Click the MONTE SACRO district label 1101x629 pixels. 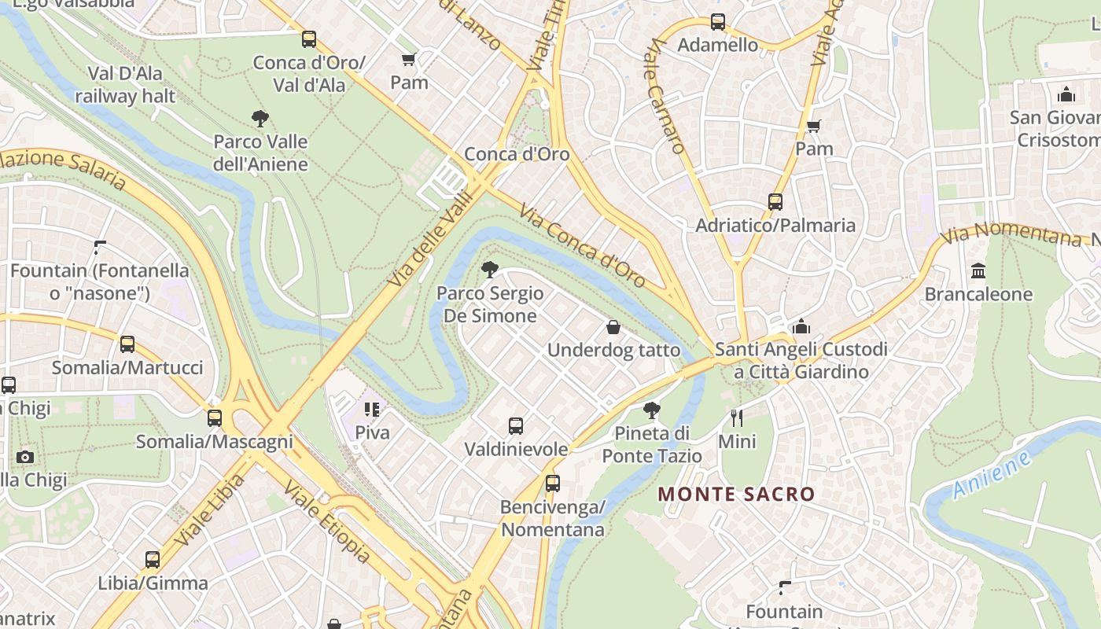pyautogui.click(x=736, y=495)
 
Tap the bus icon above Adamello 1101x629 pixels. pyautogui.click(x=718, y=22)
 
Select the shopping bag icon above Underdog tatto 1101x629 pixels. pyautogui.click(x=613, y=327)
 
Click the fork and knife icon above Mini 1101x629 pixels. pyautogui.click(x=737, y=418)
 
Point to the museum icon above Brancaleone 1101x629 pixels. pyautogui.click(x=978, y=271)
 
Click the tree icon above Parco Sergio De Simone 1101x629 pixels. pyautogui.click(x=490, y=270)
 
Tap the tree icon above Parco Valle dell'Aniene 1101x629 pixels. pyautogui.click(x=260, y=120)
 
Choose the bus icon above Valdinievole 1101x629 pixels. pyautogui.click(x=516, y=426)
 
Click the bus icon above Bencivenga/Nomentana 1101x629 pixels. pyautogui.click(x=553, y=484)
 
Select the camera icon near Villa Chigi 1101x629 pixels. pyautogui.click(x=25, y=457)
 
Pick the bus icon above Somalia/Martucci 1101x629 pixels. pyautogui.click(x=127, y=344)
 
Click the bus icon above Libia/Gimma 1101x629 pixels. pyautogui.click(x=153, y=560)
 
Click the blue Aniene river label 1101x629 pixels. pyautogui.click(x=990, y=475)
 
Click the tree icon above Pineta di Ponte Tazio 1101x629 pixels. pyautogui.click(x=651, y=410)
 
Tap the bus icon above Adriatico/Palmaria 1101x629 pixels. pyautogui.click(x=775, y=202)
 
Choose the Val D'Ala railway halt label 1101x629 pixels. pyautogui.click(x=125, y=85)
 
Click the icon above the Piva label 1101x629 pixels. pyautogui.click(x=372, y=410)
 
